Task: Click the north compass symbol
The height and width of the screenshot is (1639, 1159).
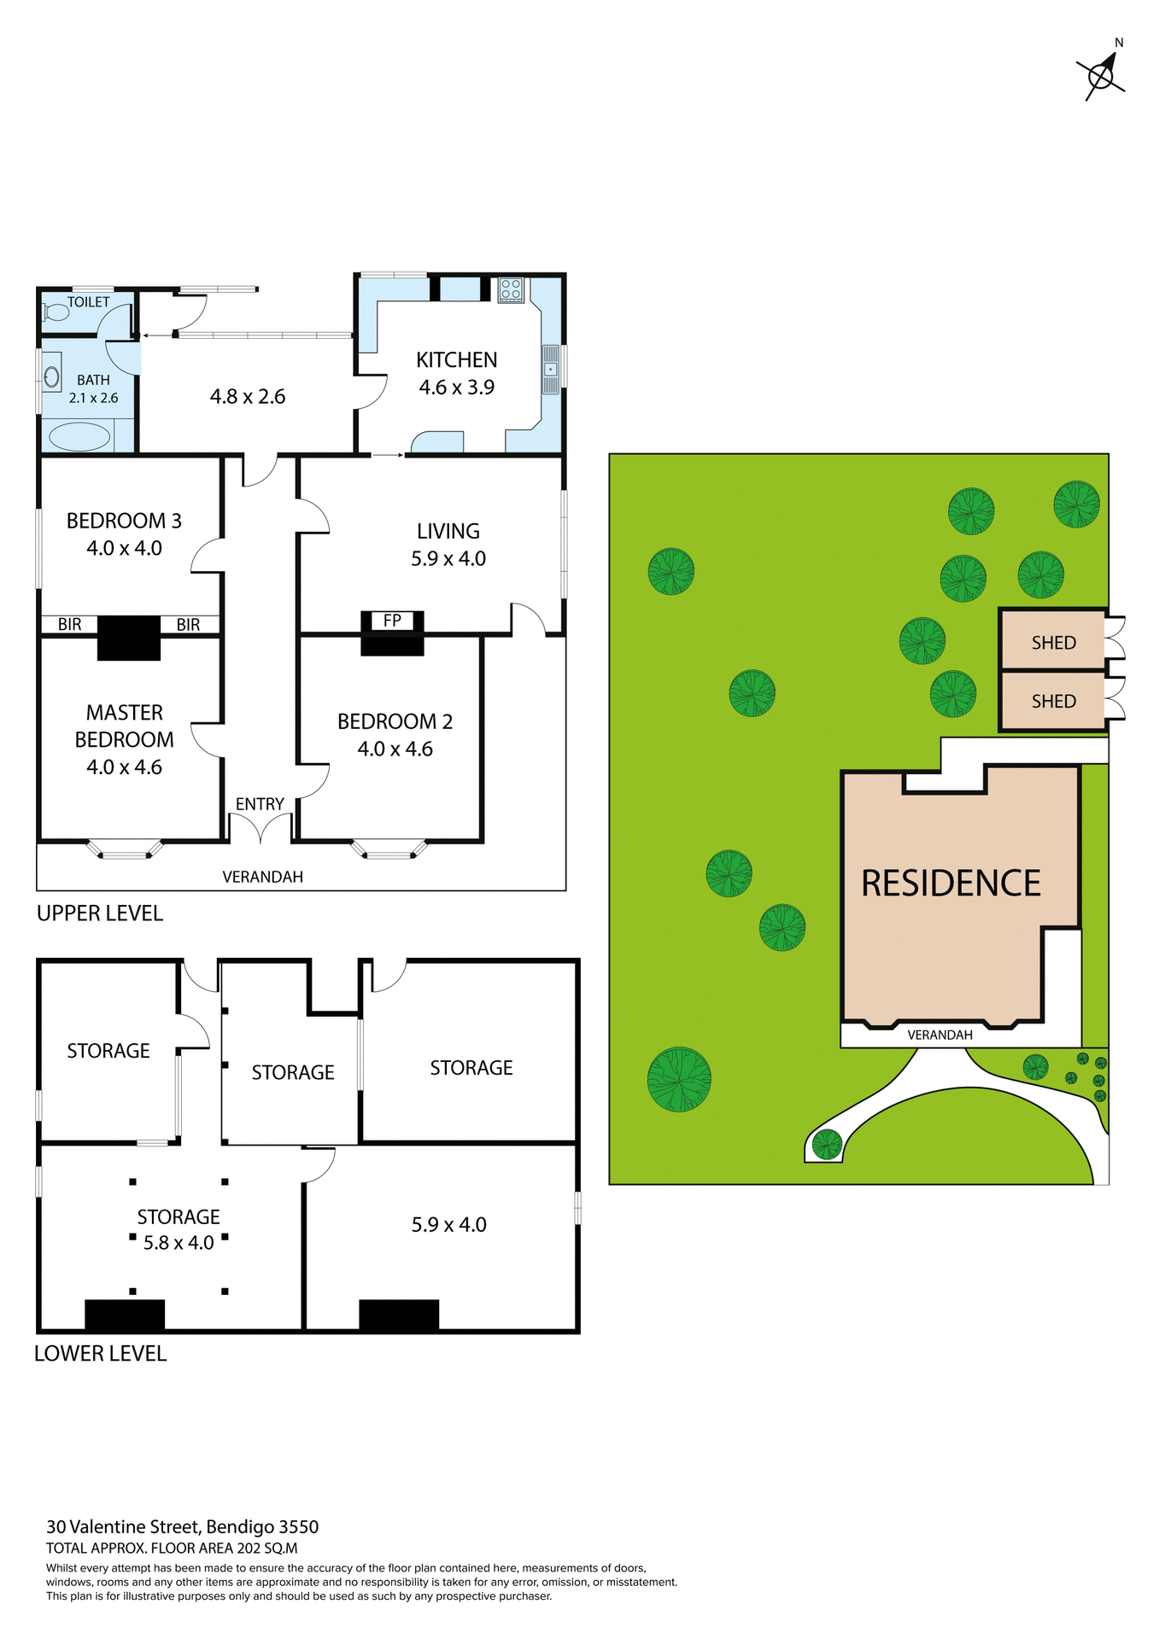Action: [1102, 75]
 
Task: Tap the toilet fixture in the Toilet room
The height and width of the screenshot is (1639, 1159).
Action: [56, 312]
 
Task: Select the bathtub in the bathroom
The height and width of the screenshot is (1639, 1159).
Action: [79, 437]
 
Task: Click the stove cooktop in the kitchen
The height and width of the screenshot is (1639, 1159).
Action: [511, 289]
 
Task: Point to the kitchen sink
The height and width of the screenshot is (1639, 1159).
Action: [551, 370]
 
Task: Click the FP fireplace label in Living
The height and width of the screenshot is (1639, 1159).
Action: [392, 621]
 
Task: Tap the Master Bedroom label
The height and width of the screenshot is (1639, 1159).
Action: [124, 726]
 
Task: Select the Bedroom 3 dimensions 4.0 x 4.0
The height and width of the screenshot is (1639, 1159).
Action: [124, 548]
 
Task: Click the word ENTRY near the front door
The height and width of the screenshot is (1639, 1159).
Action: [260, 804]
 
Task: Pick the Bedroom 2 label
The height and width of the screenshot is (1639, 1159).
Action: [395, 721]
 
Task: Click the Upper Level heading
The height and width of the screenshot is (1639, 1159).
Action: [99, 913]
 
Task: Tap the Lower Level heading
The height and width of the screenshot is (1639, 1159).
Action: [100, 1353]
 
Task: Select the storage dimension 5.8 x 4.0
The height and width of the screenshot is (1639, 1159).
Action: [179, 1243]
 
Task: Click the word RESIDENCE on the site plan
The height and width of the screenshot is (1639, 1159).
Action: [951, 884]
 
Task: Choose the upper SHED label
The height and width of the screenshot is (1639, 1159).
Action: [1053, 643]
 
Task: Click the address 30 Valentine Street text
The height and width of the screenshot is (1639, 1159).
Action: [182, 1527]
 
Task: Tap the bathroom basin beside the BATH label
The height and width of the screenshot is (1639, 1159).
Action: [52, 376]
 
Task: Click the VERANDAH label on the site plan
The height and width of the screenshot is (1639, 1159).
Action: [939, 1035]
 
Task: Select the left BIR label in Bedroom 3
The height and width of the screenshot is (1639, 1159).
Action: [70, 625]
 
